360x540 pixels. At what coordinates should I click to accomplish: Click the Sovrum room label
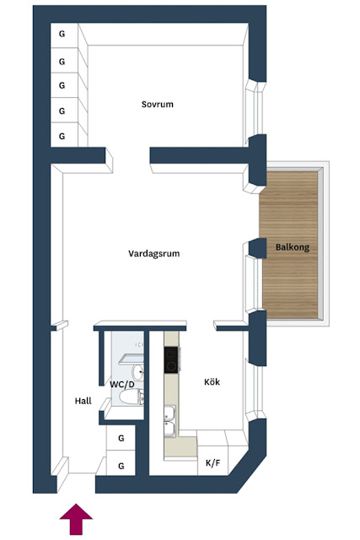coord(158,104)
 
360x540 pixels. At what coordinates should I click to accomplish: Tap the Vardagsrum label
coord(153,254)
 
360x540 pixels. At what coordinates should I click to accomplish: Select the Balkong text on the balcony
coord(293,247)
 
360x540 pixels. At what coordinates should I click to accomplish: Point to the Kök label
coord(212,381)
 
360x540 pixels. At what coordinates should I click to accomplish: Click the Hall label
coord(83,401)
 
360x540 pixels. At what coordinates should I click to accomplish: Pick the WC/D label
coord(122,385)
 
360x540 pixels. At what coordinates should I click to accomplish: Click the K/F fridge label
coord(212,463)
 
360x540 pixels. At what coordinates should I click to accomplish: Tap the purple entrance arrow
coord(76,519)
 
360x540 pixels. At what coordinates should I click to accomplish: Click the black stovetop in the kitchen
coord(171,359)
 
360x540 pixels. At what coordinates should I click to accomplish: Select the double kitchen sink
coord(170,420)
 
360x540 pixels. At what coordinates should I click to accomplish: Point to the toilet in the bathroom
coord(132,397)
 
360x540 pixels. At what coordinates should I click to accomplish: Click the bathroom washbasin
coord(138,371)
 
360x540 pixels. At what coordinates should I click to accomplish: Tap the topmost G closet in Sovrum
coord(62,34)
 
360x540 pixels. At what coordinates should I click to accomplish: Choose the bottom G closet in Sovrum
coord(62,137)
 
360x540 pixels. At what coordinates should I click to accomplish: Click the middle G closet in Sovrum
coord(62,85)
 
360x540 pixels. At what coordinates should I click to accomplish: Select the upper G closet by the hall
coord(121,438)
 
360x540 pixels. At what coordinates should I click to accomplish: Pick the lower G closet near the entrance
coord(121,466)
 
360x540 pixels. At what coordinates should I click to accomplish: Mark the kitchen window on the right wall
coord(255,389)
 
